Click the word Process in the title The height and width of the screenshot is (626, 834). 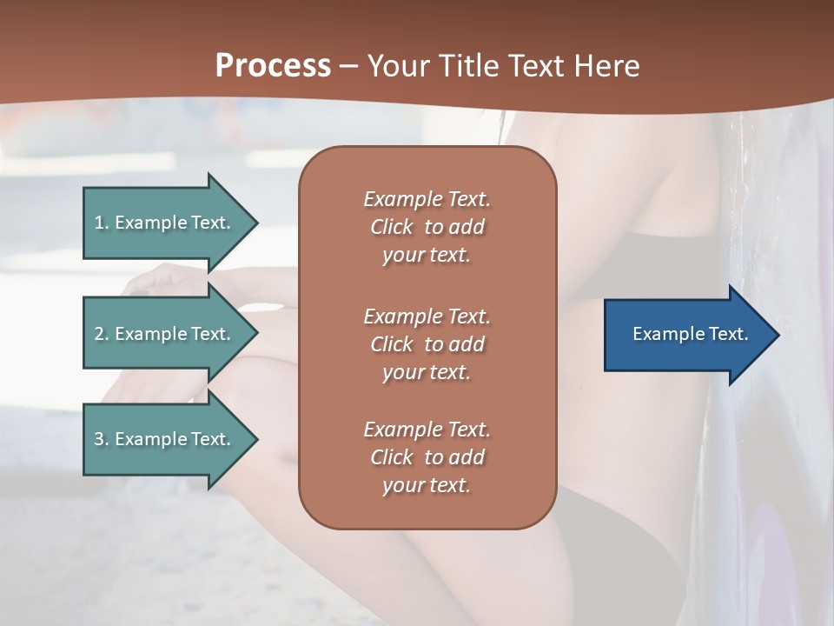click(x=273, y=66)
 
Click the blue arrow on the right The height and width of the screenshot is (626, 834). click(x=686, y=335)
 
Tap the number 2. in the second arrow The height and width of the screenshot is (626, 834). click(x=102, y=334)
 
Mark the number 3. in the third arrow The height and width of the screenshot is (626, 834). click(x=102, y=439)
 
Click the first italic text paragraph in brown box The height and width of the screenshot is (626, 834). click(x=427, y=227)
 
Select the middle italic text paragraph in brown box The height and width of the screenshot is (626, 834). click(x=427, y=344)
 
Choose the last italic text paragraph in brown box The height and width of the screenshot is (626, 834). click(x=427, y=457)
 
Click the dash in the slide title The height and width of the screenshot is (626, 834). click(x=349, y=66)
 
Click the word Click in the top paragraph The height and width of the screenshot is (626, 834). click(x=392, y=227)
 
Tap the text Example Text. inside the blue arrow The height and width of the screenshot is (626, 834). click(x=690, y=334)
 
